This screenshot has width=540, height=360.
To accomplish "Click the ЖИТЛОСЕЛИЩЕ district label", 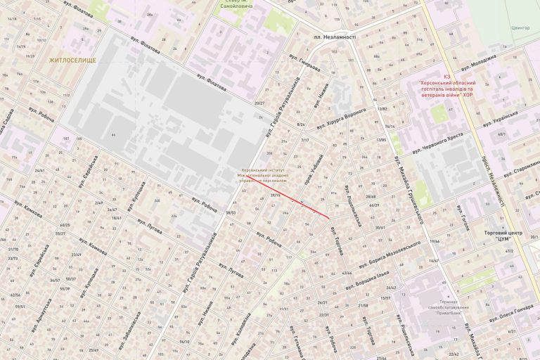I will (x=72, y=61).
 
